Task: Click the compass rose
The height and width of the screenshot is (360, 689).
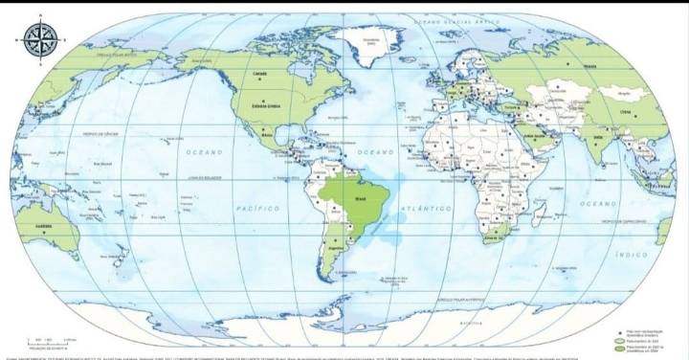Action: click(40, 37)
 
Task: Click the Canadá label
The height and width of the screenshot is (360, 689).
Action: click(257, 74)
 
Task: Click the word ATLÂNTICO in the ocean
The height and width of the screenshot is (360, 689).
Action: click(427, 208)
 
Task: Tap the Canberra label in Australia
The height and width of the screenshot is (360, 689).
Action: click(43, 227)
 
